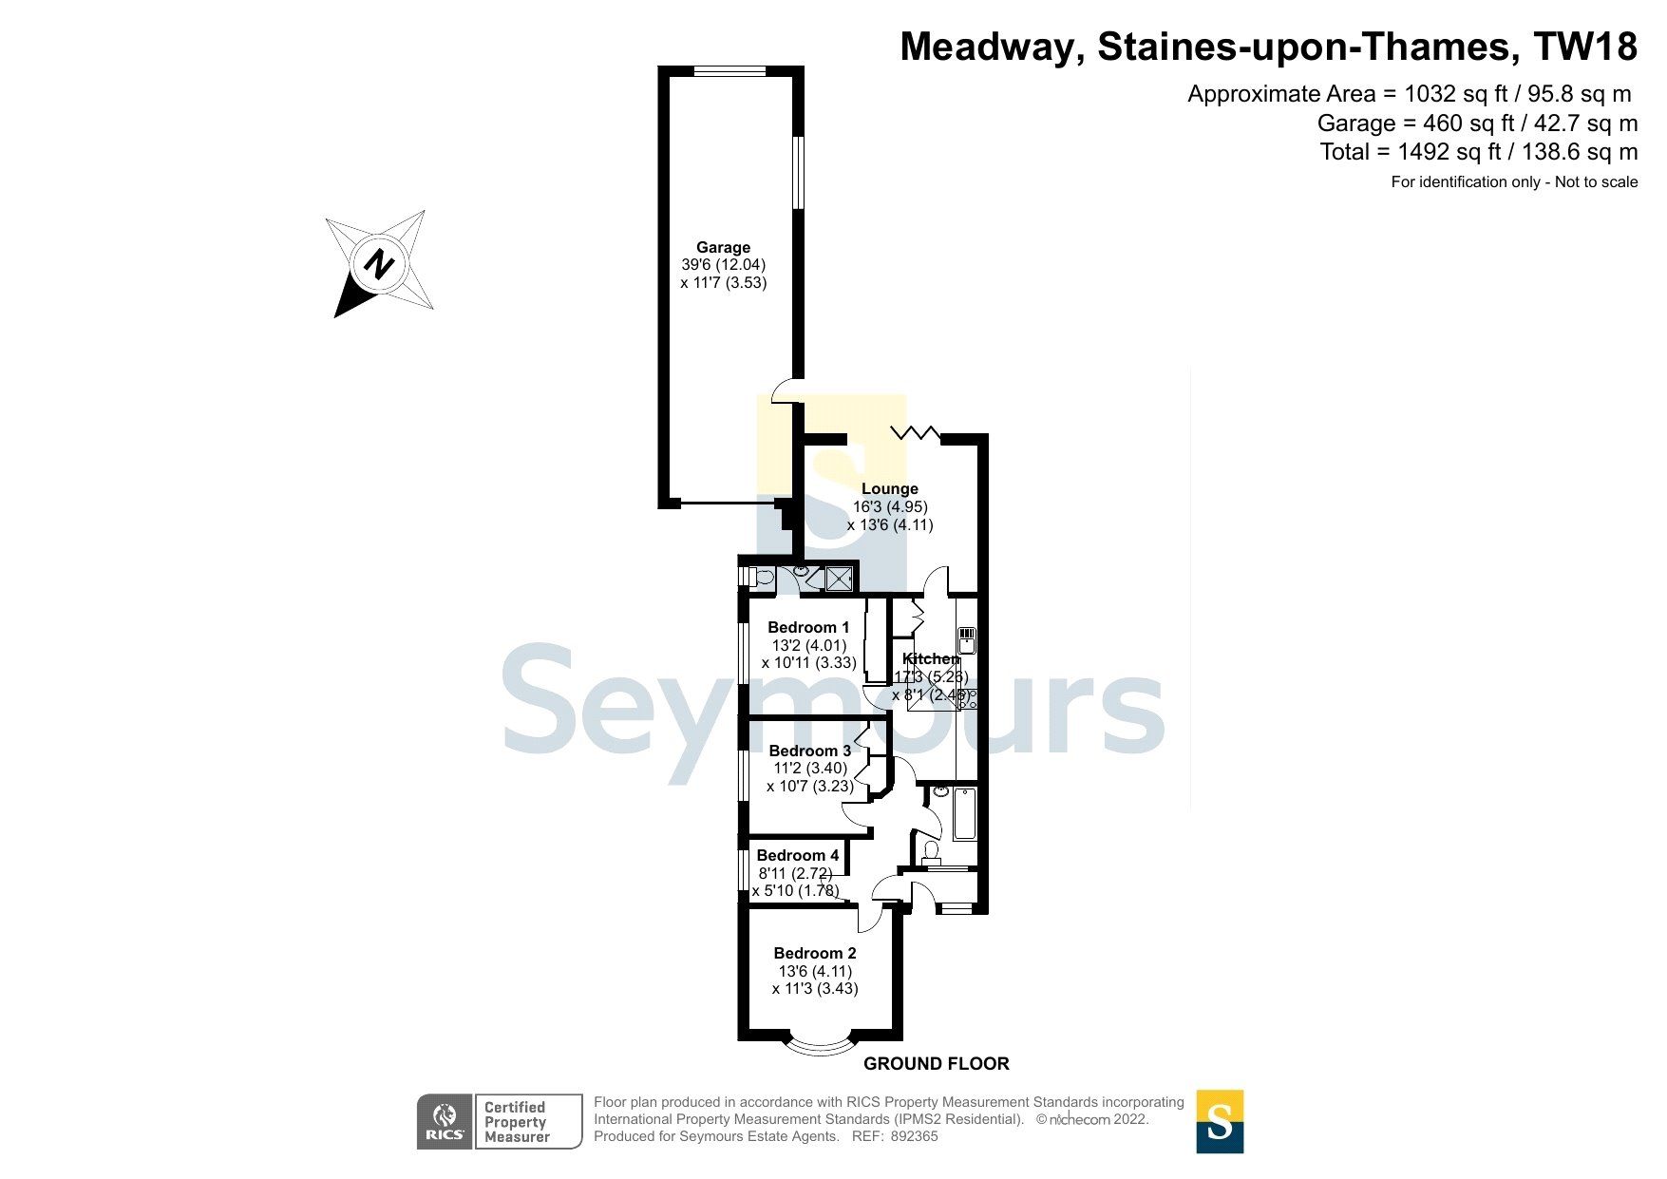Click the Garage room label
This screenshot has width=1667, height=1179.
[x=723, y=247]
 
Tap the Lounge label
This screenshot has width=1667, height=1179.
[x=890, y=489]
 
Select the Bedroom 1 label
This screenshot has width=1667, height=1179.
[x=808, y=627]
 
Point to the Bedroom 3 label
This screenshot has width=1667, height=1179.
[x=809, y=751]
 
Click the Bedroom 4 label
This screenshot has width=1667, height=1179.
[x=798, y=855]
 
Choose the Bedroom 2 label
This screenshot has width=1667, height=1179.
[x=815, y=953]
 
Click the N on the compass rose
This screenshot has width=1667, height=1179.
[x=380, y=264]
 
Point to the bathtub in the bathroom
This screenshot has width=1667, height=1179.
[x=964, y=813]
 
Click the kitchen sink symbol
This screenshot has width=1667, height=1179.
[x=967, y=638]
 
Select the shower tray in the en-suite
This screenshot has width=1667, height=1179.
[x=838, y=578]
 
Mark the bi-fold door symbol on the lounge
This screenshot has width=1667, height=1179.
[x=915, y=433]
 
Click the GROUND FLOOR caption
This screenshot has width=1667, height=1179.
[x=936, y=1064]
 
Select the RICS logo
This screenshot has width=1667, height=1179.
[x=445, y=1121]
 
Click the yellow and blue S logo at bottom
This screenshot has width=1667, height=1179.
[x=1220, y=1121]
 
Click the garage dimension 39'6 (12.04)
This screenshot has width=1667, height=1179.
[x=723, y=265]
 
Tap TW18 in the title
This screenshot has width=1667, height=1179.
[x=1590, y=47]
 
